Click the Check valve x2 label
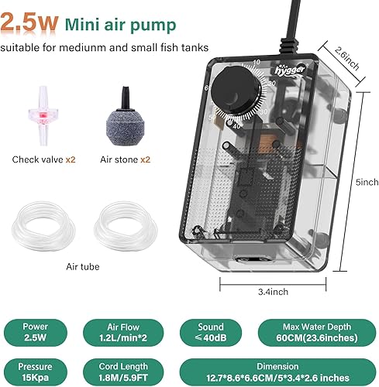[43, 159]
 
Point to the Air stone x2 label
[124, 159]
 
